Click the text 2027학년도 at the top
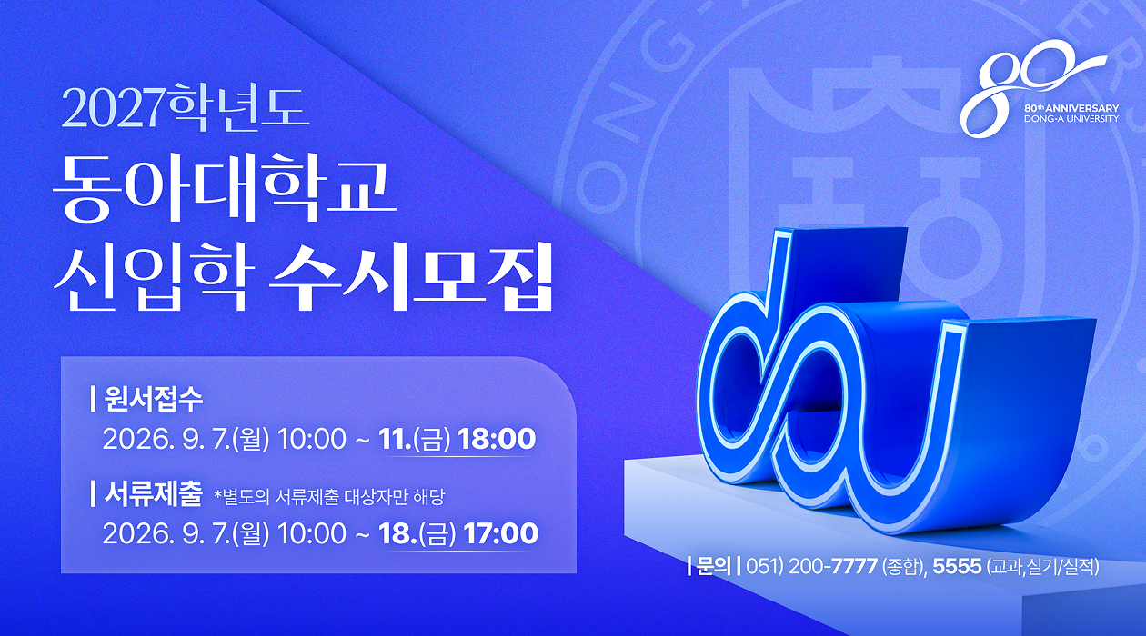[x=186, y=108]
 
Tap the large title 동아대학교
[x=226, y=189]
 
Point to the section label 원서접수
[x=153, y=399]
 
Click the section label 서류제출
[x=153, y=494]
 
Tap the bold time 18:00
[x=497, y=439]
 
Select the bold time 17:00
[x=501, y=533]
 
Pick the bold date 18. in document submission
[x=397, y=533]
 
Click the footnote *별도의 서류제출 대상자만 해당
[x=329, y=497]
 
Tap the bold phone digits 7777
[x=854, y=566]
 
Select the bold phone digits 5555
[x=957, y=566]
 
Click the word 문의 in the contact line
[x=714, y=566]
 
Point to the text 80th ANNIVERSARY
[x=1071, y=108]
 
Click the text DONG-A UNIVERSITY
[x=1071, y=119]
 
